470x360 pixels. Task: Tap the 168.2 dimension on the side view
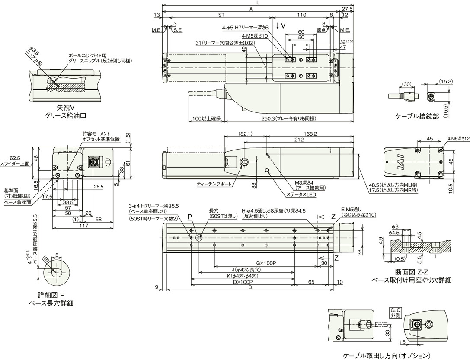point(310,134)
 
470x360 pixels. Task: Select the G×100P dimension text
point(266,262)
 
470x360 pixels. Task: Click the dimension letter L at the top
point(258,3)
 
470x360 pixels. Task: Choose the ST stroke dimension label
point(221,15)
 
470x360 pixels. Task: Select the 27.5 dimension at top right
point(347,9)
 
